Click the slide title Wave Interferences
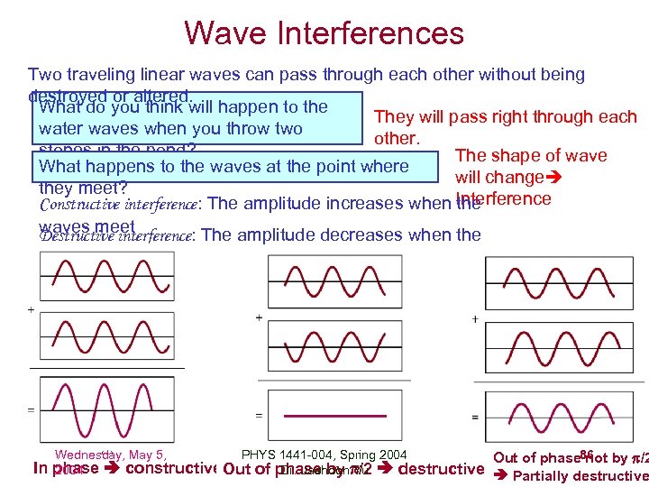(324, 33)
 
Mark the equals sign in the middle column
(259, 416)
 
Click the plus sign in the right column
(475, 318)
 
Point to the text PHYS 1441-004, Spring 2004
(324, 455)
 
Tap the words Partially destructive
(580, 476)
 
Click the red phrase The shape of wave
(531, 156)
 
